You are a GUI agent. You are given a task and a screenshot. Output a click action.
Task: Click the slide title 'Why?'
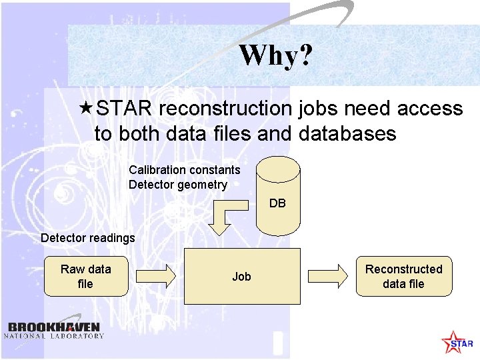click(275, 55)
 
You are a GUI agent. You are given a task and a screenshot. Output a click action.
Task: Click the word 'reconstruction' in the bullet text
click(224, 109)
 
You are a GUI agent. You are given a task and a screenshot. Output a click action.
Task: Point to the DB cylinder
click(278, 195)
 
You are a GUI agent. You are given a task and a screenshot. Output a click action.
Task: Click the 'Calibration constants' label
click(184, 170)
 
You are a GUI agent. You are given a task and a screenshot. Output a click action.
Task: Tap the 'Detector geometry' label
click(177, 185)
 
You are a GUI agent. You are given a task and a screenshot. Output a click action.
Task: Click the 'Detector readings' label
click(87, 238)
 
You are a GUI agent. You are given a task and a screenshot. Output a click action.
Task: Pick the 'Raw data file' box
click(85, 276)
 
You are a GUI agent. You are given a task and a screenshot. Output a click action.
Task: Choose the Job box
click(241, 276)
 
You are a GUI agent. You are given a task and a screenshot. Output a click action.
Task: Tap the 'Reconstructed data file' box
click(403, 276)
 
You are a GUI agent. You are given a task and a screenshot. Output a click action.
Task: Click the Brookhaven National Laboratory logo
click(55, 330)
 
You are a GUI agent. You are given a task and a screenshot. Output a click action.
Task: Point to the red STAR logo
click(457, 342)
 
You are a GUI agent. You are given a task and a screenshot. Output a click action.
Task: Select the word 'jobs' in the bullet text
click(317, 109)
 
